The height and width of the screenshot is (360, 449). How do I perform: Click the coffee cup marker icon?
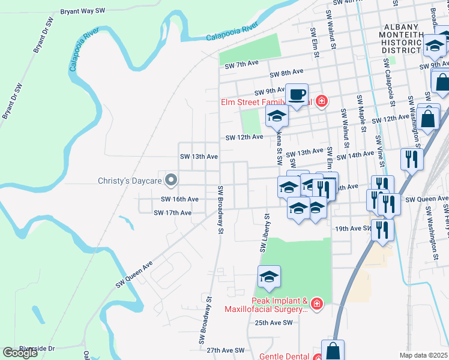297,94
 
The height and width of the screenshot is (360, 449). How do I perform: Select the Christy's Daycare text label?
131,180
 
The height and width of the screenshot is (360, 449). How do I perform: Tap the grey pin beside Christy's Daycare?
171,179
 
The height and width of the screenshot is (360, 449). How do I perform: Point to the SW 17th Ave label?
172,212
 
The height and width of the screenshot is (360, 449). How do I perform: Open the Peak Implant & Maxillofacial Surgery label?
266,305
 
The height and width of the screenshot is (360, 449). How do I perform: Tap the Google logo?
20,353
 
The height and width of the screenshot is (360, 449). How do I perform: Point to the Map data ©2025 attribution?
423,355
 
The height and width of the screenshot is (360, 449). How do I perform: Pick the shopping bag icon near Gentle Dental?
333,350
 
